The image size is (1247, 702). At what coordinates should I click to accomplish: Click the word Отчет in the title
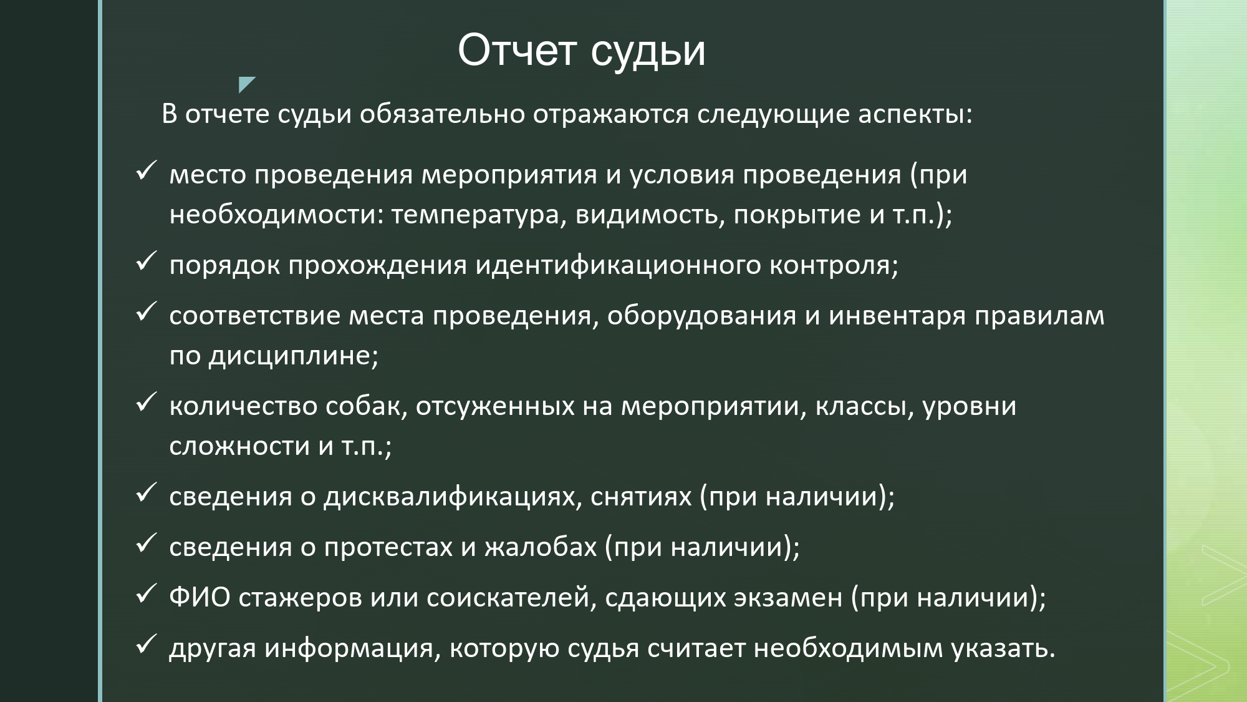click(517, 50)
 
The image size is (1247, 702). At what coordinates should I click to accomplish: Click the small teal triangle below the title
click(247, 85)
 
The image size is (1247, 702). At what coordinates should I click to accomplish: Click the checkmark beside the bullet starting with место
click(145, 170)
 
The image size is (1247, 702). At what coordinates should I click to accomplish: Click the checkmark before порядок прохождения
click(145, 261)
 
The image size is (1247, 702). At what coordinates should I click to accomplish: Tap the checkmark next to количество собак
click(145, 402)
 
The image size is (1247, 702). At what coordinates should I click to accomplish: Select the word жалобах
click(541, 547)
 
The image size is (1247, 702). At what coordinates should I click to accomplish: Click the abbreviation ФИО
click(200, 597)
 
